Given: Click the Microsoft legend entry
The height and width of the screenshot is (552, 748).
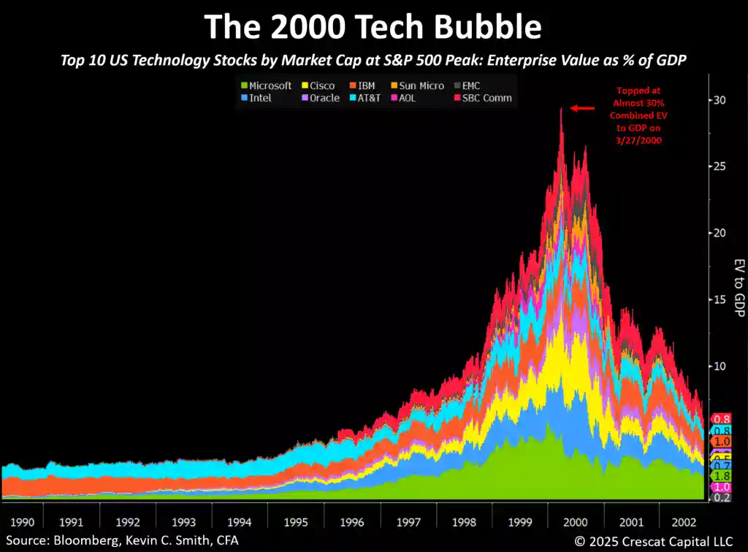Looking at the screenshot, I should [x=270, y=86].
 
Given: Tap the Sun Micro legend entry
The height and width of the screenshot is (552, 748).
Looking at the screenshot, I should [x=421, y=86].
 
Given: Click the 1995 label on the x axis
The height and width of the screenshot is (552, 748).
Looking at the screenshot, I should [x=296, y=523].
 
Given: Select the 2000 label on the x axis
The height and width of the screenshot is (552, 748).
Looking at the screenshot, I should [x=575, y=523].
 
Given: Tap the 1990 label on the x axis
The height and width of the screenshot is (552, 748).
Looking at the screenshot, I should [x=15, y=523].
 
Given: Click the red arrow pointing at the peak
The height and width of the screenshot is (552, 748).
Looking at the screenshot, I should [x=582, y=108].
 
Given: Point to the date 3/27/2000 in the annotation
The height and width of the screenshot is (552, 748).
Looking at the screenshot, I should [x=639, y=140].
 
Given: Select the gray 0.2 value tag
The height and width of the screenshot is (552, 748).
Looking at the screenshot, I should [x=722, y=497].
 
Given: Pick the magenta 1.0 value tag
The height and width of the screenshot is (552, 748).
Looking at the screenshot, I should [x=722, y=487].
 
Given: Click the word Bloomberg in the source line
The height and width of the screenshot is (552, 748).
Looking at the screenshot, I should [x=77, y=541].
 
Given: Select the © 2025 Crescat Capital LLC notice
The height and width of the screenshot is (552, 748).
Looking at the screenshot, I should [x=657, y=541].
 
